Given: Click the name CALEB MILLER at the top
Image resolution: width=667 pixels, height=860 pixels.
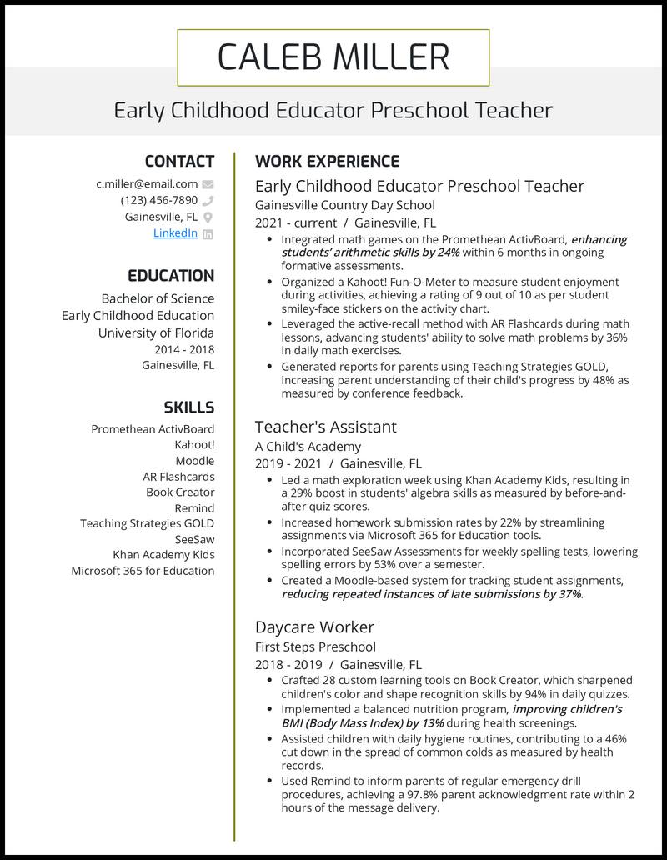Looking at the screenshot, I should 333,57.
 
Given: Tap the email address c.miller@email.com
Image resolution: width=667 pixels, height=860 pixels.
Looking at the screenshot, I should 147,184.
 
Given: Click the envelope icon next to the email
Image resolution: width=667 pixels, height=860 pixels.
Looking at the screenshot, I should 208,184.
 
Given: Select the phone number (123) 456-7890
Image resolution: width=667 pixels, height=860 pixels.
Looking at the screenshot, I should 158,200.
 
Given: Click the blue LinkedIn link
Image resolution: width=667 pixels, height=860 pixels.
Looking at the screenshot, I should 175,233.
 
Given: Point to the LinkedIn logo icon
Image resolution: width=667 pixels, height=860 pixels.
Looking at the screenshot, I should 208,234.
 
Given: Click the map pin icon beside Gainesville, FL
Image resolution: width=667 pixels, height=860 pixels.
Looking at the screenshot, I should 208,217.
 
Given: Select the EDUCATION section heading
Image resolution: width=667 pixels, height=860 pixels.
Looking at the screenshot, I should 171,276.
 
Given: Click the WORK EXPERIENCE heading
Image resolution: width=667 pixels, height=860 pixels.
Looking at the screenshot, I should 327,162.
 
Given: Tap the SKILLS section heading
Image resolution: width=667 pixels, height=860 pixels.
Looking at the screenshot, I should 188,407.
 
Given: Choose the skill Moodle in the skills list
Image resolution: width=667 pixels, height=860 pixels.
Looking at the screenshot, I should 194,461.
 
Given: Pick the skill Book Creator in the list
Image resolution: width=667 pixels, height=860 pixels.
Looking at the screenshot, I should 180,492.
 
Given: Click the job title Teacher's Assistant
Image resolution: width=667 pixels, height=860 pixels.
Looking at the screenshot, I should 325,427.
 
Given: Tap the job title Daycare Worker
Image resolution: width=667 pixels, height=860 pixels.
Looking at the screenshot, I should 314,627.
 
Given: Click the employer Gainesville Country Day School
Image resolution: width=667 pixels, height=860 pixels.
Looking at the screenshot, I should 344,205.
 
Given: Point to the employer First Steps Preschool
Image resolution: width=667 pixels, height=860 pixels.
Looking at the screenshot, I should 315,647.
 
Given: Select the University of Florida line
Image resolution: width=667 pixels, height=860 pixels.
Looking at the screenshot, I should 156,332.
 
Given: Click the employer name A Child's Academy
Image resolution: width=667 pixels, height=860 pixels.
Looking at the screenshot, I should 308,447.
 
